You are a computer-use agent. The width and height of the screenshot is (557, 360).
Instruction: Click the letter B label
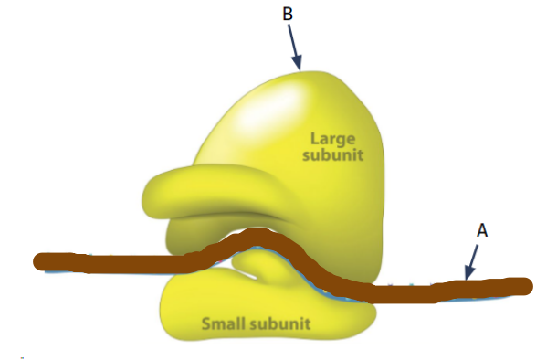(288, 15)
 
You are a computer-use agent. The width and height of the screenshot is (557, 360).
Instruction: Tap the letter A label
(482, 230)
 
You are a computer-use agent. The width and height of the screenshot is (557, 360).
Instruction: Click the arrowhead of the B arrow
(298, 62)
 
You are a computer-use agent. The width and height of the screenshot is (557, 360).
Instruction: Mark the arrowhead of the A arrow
(468, 272)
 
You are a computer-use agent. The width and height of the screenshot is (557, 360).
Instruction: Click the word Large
(333, 139)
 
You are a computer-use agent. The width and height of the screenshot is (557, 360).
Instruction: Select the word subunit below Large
(333, 154)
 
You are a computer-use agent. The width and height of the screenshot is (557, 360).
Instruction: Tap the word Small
(224, 323)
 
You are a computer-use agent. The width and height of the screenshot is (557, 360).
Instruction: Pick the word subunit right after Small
(280, 323)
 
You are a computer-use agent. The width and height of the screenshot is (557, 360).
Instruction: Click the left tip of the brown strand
(35, 261)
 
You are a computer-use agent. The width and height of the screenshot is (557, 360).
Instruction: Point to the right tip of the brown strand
(531, 286)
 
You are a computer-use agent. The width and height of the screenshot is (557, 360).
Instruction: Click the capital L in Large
(315, 138)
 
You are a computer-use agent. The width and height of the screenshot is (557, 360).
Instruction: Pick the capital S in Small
(206, 323)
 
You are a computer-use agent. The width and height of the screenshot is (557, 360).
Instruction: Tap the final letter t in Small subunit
(309, 323)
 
